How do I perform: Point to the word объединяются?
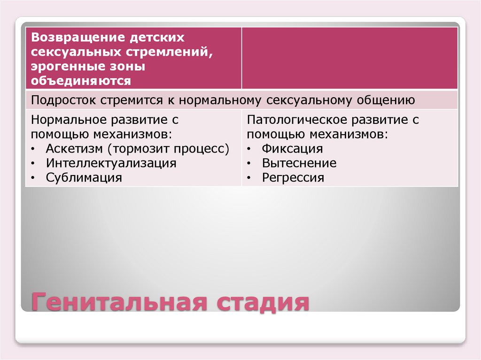tap(80, 81)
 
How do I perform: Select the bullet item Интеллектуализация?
tap(111, 163)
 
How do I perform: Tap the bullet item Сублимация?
tap(84, 178)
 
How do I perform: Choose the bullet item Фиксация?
tap(292, 149)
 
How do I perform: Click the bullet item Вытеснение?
tap(299, 163)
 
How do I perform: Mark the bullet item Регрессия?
tap(293, 178)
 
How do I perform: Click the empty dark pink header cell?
tap(349, 58)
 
